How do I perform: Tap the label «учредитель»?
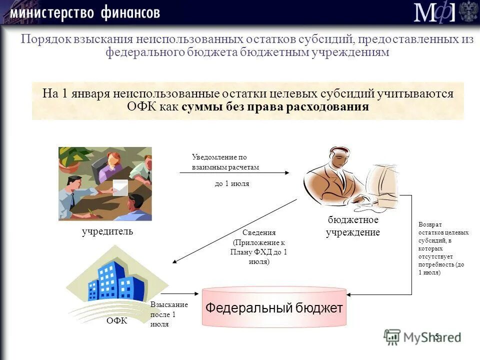point(107,231)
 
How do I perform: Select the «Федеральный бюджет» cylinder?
point(274,307)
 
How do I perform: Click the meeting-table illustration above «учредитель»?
point(105,183)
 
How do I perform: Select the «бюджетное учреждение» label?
point(353,226)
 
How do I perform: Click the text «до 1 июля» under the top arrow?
point(232,183)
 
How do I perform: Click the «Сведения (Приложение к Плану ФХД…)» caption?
point(259,247)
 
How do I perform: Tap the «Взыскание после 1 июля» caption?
point(169,314)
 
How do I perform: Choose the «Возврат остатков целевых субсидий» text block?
point(443,248)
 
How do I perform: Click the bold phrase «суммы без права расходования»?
point(275,107)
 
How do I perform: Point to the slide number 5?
point(436,336)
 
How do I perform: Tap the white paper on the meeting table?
point(120,186)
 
